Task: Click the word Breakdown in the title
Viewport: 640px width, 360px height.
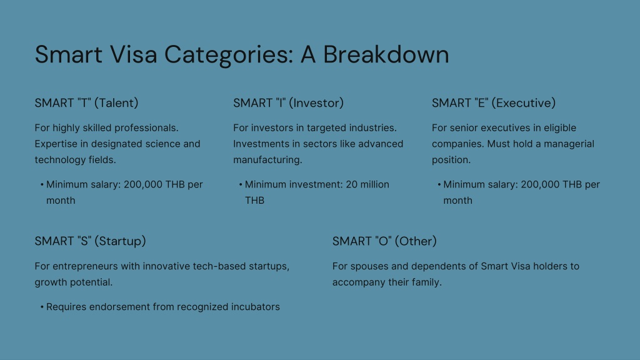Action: click(x=386, y=54)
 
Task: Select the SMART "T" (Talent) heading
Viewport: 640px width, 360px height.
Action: click(x=86, y=103)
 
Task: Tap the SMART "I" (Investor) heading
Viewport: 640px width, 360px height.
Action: click(x=288, y=103)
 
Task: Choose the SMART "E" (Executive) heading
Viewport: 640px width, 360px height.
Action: click(x=494, y=103)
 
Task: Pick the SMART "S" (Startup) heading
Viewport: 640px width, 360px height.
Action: click(x=90, y=241)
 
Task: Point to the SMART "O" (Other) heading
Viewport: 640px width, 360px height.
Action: click(x=384, y=241)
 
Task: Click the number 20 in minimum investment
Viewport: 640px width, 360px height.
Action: click(x=351, y=184)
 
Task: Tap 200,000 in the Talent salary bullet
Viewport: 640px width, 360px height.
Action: click(x=143, y=185)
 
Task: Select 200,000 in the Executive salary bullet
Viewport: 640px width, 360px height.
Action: click(x=540, y=185)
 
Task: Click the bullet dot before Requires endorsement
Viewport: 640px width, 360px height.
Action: click(x=42, y=307)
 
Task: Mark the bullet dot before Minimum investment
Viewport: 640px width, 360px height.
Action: click(x=241, y=184)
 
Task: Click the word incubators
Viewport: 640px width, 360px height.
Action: click(x=256, y=307)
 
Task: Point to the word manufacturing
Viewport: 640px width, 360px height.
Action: click(x=267, y=160)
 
